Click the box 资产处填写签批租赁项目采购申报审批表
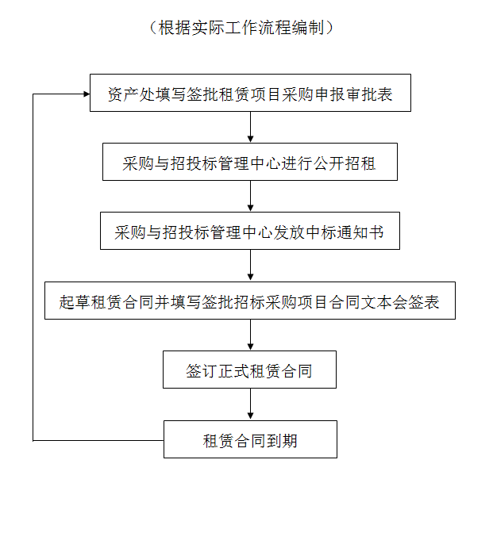pos(250,94)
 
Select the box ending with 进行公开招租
pos(250,163)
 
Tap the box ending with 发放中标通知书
pos(250,232)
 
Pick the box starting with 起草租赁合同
pos(250,301)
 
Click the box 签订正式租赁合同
pos(250,370)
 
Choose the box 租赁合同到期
pos(250,439)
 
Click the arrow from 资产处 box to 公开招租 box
pos(250,128)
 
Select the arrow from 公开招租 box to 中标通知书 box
pos(250,197)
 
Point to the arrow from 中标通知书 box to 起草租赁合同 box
pos(250,266)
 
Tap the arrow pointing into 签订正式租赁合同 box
pos(250,335)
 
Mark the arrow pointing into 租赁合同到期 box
pos(250,404)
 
